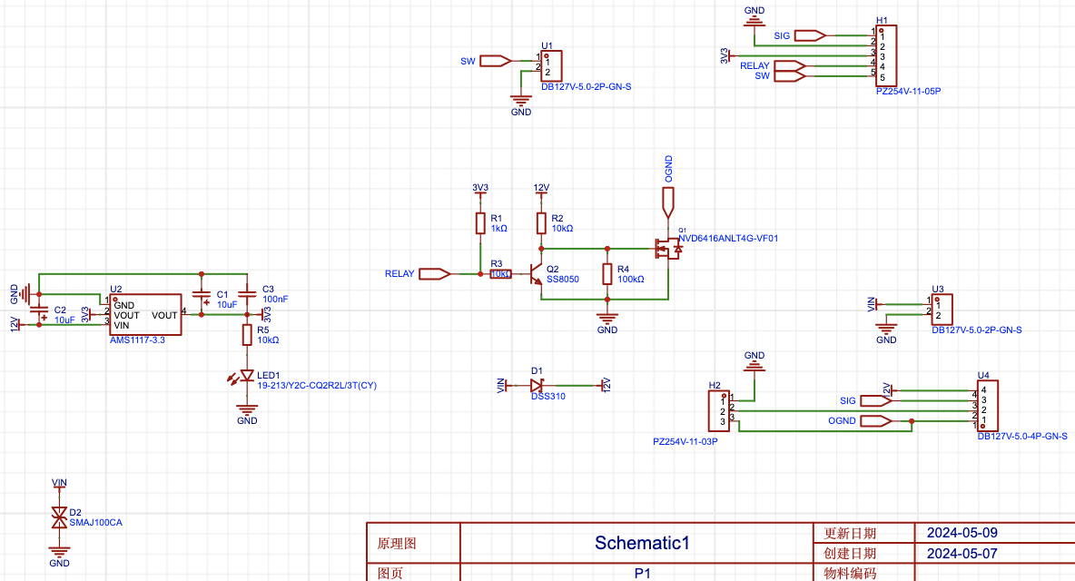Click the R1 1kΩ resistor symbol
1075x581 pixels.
pyautogui.click(x=480, y=223)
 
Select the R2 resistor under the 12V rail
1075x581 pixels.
pyautogui.click(x=541, y=223)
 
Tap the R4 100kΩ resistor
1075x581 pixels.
pyautogui.click(x=607, y=274)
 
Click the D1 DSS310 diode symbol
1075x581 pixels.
pyautogui.click(x=537, y=385)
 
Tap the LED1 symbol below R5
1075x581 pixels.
pyautogui.click(x=246, y=376)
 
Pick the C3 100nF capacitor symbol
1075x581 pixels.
pyautogui.click(x=247, y=294)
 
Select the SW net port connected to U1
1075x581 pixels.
pyautogui.click(x=494, y=61)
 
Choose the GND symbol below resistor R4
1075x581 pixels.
pyautogui.click(x=607, y=319)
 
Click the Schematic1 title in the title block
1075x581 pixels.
pyautogui.click(x=642, y=543)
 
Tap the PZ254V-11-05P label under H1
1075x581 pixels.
pyautogui.click(x=908, y=92)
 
